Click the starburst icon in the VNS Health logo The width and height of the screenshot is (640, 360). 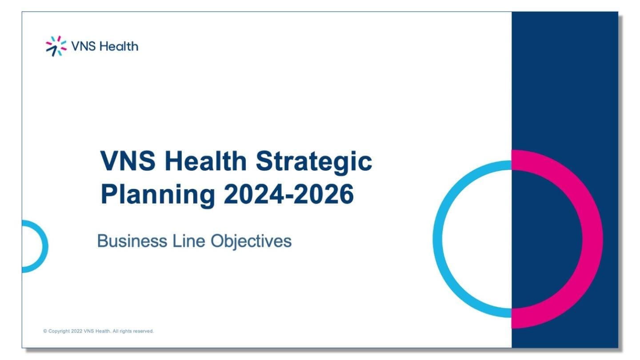[56, 46]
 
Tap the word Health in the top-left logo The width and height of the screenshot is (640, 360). [119, 46]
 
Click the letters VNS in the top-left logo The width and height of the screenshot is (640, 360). [83, 46]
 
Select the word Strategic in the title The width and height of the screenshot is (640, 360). [314, 162]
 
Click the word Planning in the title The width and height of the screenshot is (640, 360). [158, 195]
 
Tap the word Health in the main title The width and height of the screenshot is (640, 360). [205, 161]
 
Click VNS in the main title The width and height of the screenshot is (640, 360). [128, 161]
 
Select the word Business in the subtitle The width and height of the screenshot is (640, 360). [132, 241]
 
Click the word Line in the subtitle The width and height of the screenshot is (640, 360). [188, 241]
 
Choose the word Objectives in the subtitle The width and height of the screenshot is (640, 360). [251, 241]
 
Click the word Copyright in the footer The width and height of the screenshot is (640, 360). [59, 331]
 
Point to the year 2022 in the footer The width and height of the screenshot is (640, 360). [76, 331]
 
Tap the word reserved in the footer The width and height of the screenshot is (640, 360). [143, 331]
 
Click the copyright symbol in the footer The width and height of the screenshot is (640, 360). [45, 331]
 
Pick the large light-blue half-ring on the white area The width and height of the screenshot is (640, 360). [437, 239]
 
